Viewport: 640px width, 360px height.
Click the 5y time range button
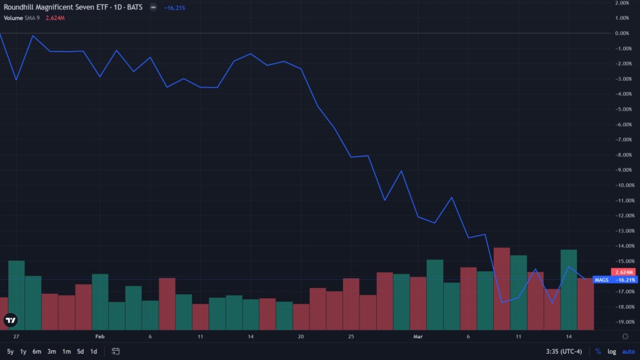point(10,351)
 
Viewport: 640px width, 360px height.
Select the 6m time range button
point(37,351)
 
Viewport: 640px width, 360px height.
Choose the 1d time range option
point(93,351)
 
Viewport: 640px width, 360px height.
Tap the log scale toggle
point(612,351)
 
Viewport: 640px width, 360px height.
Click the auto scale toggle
point(628,351)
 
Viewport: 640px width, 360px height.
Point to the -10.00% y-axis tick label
point(622,185)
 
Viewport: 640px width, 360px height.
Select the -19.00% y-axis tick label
point(622,322)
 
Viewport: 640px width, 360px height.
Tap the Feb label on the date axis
point(100,336)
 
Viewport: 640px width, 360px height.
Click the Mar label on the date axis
point(418,336)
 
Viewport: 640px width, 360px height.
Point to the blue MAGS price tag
point(616,279)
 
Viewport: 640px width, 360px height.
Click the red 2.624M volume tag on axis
point(624,272)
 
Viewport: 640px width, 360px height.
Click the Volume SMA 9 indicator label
point(22,17)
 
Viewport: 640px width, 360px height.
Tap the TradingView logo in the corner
point(11,321)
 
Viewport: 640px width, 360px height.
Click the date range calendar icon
point(116,351)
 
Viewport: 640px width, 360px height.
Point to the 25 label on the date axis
point(351,336)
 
